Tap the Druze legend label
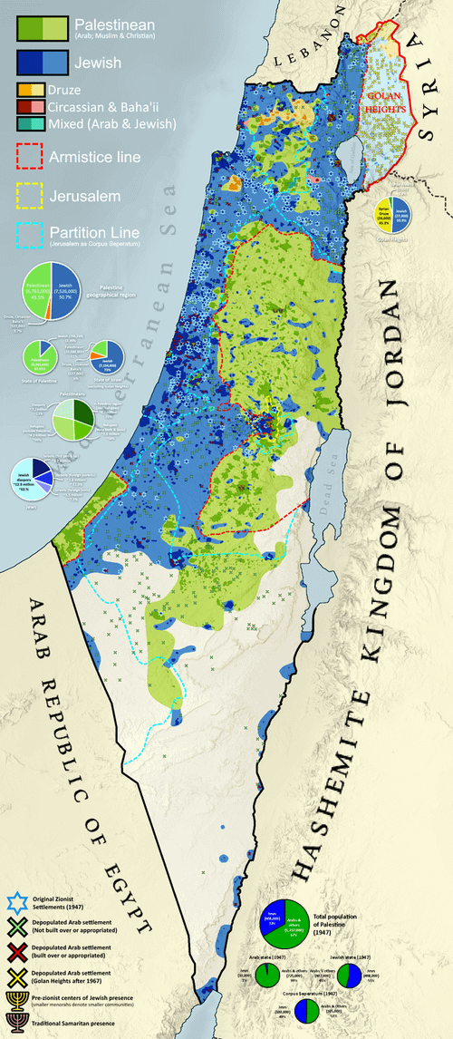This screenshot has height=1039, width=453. (x=92, y=91)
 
